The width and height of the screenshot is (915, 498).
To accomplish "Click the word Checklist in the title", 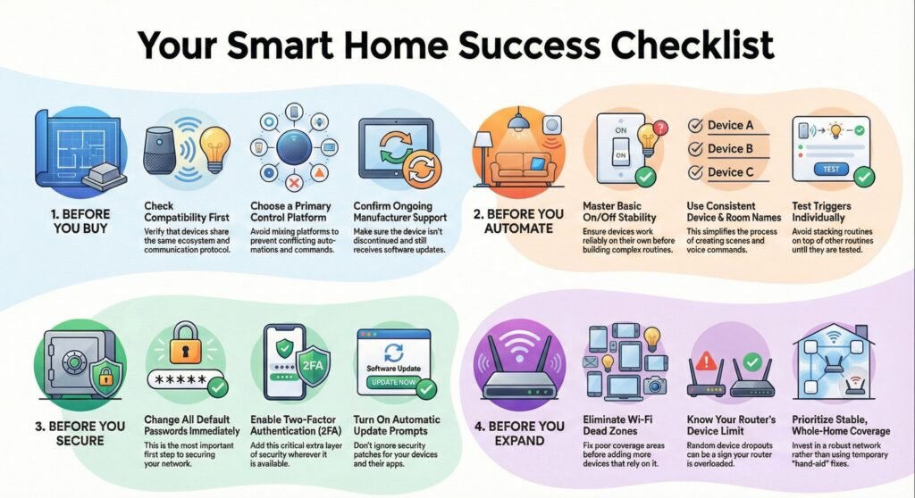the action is point(693,45).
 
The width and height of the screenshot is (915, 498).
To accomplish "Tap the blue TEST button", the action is point(831,169).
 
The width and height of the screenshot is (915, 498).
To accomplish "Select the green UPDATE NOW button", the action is point(394,382).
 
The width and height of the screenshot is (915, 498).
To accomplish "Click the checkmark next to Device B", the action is point(695,149).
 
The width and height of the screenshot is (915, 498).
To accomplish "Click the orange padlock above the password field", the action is point(186,344).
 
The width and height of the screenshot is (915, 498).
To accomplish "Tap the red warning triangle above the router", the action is point(706,361).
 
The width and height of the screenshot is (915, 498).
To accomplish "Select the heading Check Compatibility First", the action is point(187,212).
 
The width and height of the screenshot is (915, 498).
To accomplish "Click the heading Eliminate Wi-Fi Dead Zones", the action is point(617,425).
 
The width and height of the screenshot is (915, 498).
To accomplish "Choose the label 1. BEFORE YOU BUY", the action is point(80,221).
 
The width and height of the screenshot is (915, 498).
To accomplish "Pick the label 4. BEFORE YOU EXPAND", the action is point(519,433).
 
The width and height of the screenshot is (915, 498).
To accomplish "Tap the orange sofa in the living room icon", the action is point(523,168).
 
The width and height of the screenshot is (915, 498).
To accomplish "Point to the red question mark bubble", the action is point(659,128).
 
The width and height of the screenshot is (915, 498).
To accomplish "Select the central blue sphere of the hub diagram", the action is point(294,148).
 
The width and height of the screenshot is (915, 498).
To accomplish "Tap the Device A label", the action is point(730,125).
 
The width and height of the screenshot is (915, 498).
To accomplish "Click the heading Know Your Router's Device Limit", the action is point(731,425).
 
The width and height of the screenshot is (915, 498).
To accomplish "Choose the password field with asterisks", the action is point(184,379).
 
